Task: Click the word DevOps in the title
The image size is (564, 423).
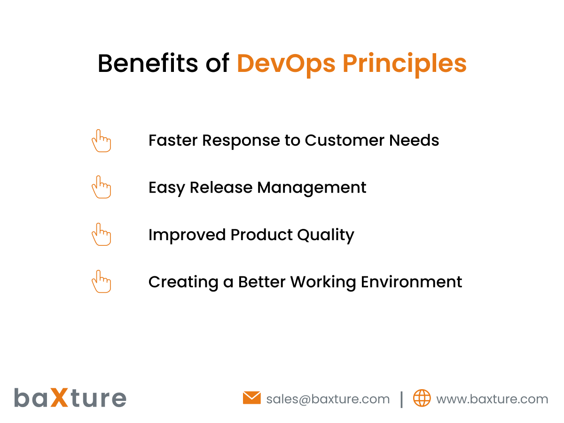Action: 286,63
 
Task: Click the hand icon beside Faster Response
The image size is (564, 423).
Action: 101,141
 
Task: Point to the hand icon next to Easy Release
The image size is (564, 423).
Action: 101,187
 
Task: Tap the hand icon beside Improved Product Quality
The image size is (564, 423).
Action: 101,234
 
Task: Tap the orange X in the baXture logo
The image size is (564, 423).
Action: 59,398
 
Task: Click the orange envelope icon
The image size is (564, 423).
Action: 251,398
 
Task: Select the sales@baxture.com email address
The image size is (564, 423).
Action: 328,399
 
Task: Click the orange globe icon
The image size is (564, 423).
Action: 422,398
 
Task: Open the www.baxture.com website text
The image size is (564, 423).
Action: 492,399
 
